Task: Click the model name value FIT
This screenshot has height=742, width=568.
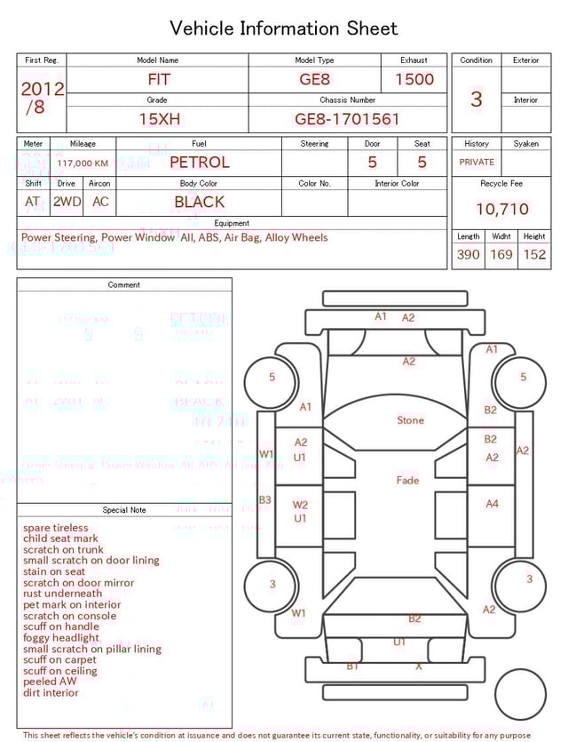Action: pyautogui.click(x=159, y=79)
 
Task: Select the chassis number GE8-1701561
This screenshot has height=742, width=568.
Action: pyautogui.click(x=347, y=119)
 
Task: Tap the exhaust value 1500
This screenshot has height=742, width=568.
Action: pyautogui.click(x=414, y=79)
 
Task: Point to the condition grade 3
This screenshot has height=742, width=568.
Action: pyautogui.click(x=476, y=99)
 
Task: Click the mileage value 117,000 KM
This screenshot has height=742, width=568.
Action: pyautogui.click(x=83, y=164)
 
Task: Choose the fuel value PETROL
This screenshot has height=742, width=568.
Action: pyautogui.click(x=199, y=163)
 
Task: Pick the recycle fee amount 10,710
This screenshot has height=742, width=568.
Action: pyautogui.click(x=501, y=210)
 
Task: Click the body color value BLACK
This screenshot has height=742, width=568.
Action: pyautogui.click(x=199, y=203)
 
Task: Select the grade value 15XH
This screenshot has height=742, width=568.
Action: pyautogui.click(x=157, y=119)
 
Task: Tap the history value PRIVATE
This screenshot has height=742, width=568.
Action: pyautogui.click(x=477, y=163)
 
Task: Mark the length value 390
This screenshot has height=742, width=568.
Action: pyautogui.click(x=468, y=255)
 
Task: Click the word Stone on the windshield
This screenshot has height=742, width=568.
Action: pyautogui.click(x=410, y=420)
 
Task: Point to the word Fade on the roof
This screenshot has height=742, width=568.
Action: pyautogui.click(x=407, y=481)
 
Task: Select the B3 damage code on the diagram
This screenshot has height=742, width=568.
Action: pyautogui.click(x=264, y=500)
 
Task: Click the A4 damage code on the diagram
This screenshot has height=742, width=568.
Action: pyautogui.click(x=492, y=504)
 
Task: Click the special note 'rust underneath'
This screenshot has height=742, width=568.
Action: pyautogui.click(x=62, y=594)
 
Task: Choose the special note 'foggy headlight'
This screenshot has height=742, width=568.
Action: pyautogui.click(x=61, y=638)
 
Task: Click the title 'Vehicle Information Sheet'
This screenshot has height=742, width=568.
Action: pyautogui.click(x=284, y=28)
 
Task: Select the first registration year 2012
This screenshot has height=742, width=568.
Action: pyautogui.click(x=42, y=89)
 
